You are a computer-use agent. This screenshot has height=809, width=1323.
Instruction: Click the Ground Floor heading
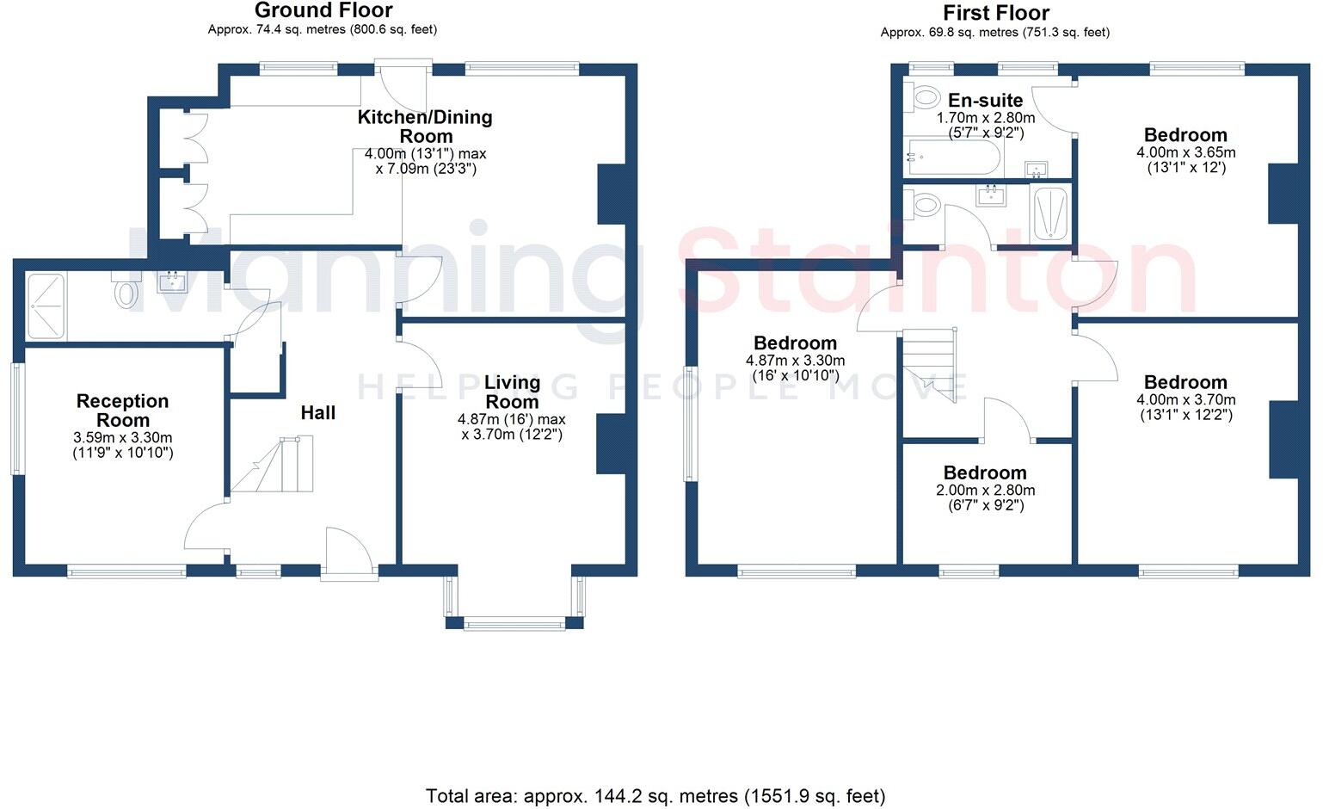click(x=323, y=10)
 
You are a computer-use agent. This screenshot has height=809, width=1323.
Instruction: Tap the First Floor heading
click(x=995, y=13)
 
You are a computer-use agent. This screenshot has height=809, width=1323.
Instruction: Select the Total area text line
click(x=655, y=795)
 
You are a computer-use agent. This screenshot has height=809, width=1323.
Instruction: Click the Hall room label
click(x=317, y=413)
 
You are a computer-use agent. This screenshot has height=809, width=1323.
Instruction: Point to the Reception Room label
click(x=122, y=411)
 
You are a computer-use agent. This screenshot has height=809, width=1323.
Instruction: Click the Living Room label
click(x=512, y=392)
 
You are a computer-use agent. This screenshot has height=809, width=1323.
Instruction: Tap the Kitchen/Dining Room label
click(x=425, y=127)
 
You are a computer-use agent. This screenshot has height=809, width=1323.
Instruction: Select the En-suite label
click(x=985, y=100)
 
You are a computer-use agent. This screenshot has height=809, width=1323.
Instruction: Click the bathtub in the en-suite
click(x=952, y=157)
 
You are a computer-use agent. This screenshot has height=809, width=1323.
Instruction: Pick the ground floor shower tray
click(x=46, y=306)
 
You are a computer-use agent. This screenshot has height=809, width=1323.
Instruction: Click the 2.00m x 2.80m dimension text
click(x=985, y=491)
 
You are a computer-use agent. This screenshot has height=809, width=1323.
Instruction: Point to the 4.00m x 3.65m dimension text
click(x=1185, y=152)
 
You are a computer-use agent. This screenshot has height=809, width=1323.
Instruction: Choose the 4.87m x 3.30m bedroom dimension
click(x=795, y=361)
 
